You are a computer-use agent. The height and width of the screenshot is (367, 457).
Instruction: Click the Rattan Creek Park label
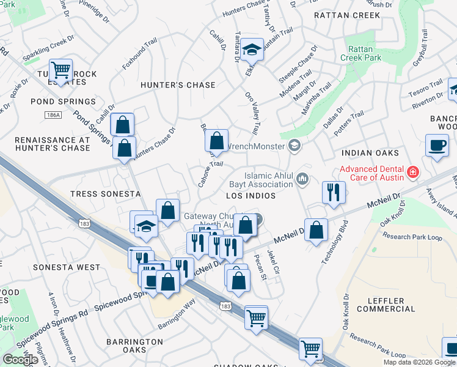click(x=364, y=53)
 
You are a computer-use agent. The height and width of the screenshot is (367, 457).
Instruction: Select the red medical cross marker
click(x=414, y=173)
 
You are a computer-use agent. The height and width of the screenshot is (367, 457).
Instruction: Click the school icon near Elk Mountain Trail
click(x=250, y=50)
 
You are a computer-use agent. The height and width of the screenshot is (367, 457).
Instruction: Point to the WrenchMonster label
click(x=255, y=146)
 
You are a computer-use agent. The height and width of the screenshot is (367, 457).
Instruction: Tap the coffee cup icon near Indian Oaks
click(x=437, y=146)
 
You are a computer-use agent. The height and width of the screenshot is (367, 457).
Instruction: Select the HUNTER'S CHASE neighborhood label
click(x=178, y=85)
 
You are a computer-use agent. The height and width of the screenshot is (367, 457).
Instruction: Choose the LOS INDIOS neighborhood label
click(x=250, y=196)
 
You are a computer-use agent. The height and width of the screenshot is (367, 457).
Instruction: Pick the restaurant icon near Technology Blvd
click(x=334, y=192)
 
